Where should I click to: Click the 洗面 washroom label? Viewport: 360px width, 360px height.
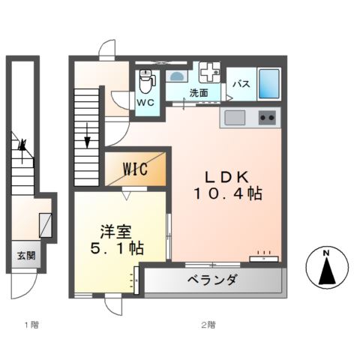(x=199, y=93)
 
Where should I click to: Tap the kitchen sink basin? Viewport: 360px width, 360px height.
(x=233, y=118)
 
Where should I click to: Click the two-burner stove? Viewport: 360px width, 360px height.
(x=267, y=118)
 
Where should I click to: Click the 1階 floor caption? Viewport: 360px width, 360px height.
(x=31, y=325)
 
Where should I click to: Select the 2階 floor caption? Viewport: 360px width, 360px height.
(x=208, y=325)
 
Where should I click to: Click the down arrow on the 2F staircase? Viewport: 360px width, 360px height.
(x=88, y=139)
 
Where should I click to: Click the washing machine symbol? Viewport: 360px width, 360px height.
(x=211, y=73)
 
